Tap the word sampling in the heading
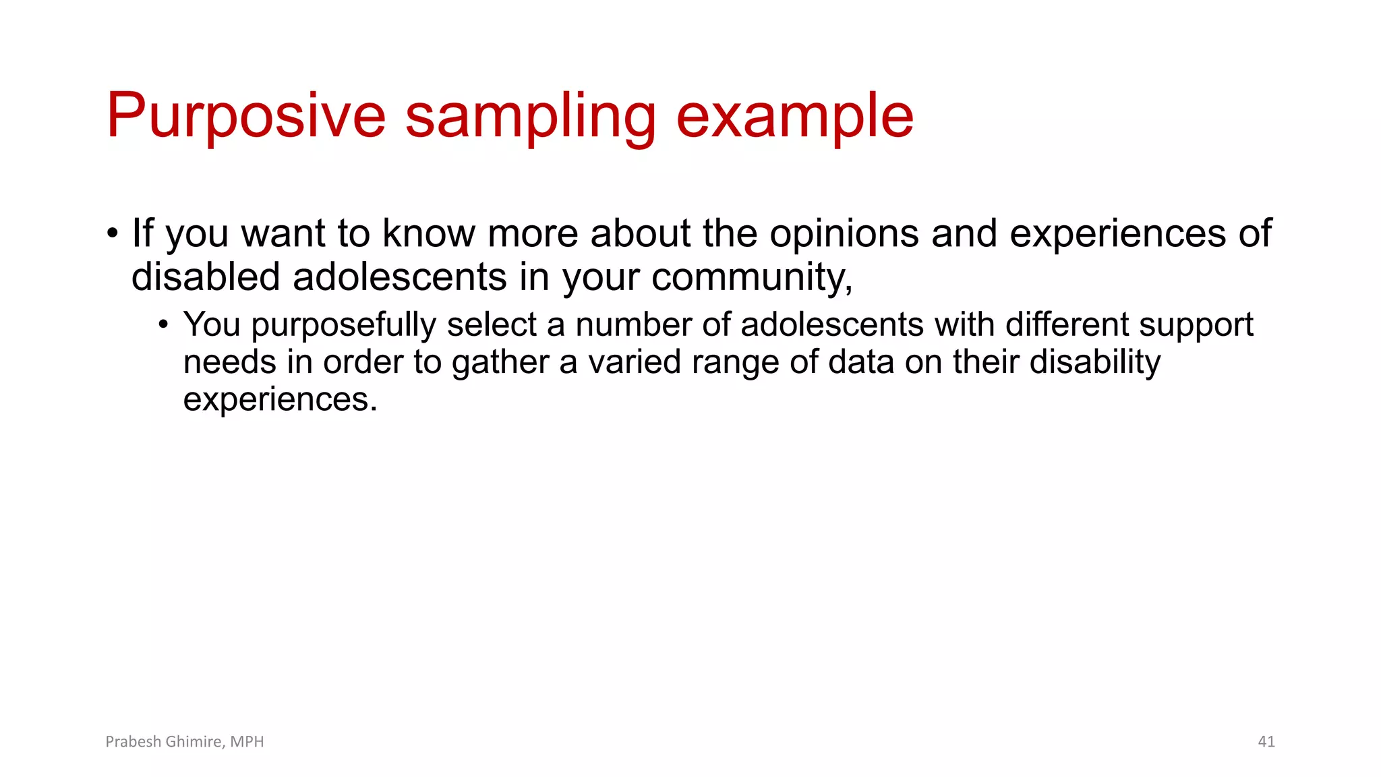tap(531, 116)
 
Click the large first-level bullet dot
tap(113, 234)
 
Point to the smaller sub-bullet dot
tap(163, 325)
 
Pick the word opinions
tap(844, 233)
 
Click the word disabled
tap(206, 277)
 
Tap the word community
tap(752, 277)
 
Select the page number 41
tap(1266, 742)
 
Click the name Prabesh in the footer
tap(133, 742)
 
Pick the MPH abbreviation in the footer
tap(247, 742)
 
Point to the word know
tap(429, 233)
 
